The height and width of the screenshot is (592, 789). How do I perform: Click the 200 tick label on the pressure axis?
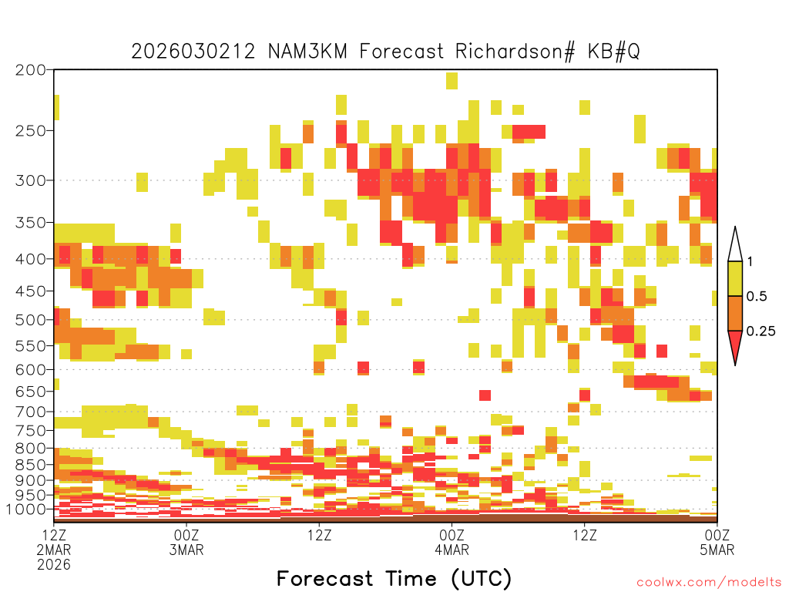point(30,70)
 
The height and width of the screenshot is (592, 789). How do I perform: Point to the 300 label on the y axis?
point(30,180)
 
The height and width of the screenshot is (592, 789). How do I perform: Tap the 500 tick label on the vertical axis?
point(30,320)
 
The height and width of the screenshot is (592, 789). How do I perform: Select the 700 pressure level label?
point(30,412)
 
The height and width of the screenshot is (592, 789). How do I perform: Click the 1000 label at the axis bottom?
point(25,509)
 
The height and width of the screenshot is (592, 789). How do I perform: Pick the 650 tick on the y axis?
point(30,391)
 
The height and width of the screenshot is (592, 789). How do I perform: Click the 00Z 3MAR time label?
point(186,542)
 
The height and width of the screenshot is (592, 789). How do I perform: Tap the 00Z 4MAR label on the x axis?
point(452,542)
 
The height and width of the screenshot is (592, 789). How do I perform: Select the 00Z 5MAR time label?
point(717,542)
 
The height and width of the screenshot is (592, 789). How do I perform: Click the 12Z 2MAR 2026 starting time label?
point(54,550)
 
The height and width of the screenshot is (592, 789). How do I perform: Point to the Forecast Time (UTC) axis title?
point(394,579)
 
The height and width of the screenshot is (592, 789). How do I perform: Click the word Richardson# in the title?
point(515,52)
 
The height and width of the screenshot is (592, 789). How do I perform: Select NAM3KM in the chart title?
point(307,52)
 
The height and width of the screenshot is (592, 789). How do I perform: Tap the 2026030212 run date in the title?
point(193,52)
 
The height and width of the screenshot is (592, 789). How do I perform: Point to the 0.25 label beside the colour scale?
point(760,331)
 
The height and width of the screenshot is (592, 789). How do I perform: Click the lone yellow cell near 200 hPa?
point(452,80)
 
